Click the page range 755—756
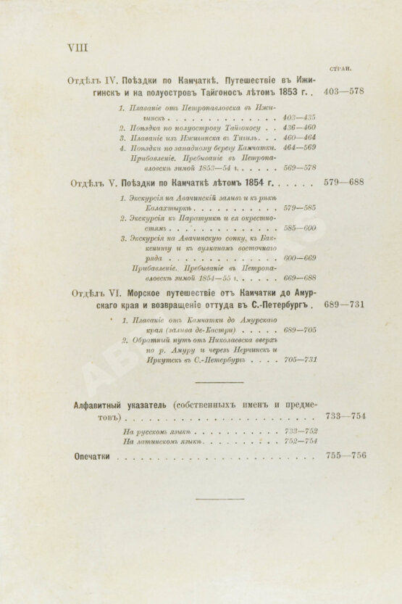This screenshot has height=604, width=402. tap(346, 458)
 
